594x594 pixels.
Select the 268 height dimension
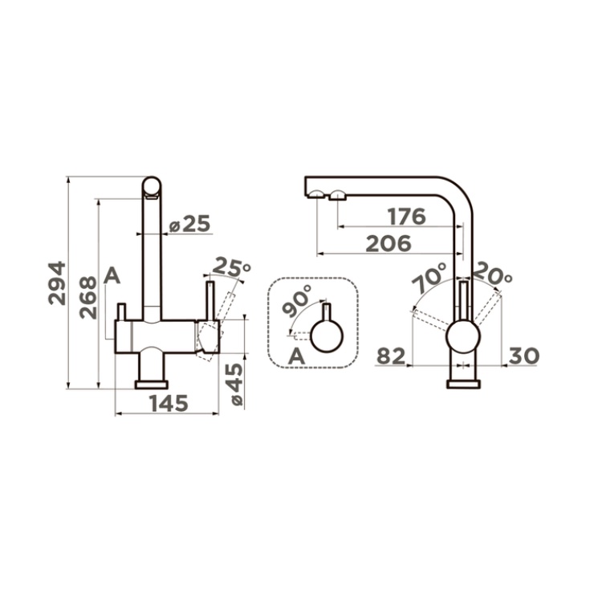coord(88,297)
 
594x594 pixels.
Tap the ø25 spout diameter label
coord(189,224)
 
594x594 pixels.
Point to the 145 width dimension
coord(169,404)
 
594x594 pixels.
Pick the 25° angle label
coord(231,267)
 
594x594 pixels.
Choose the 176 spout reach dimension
coord(407,217)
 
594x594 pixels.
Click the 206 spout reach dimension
coord(389,243)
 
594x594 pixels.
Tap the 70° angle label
coord(429,277)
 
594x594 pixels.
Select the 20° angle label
coord(493,274)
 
